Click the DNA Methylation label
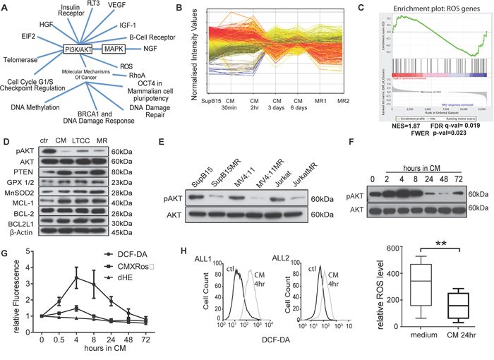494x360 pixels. (36, 107)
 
